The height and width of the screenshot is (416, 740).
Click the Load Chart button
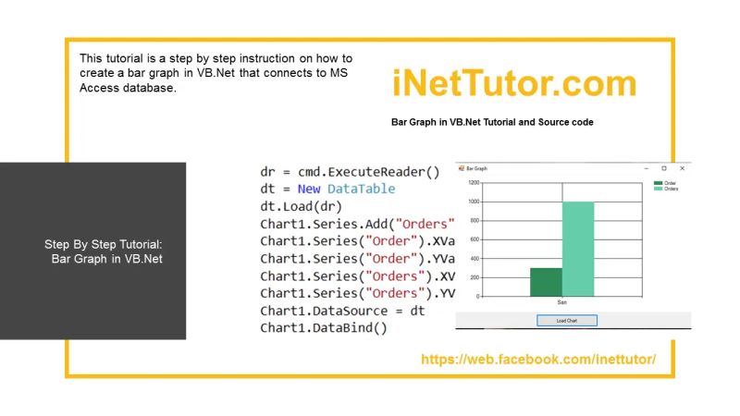567,321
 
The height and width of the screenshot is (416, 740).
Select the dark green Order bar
546,282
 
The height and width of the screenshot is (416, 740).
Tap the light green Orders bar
577,249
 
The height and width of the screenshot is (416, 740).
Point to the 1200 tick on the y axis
474,183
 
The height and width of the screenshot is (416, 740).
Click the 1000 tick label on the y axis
474,202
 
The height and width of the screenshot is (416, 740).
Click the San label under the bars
561,302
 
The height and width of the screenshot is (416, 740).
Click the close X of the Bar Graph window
682,168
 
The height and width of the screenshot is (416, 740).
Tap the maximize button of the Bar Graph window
663,168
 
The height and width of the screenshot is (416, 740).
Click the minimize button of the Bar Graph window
645,168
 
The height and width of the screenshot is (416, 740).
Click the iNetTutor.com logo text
514,84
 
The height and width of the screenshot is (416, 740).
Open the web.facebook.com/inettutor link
538,359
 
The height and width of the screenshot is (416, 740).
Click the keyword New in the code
309,189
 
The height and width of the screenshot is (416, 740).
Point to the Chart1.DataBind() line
323,328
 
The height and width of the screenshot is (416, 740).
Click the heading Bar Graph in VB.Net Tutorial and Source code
492,122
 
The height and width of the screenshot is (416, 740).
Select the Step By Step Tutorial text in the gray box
103,245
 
